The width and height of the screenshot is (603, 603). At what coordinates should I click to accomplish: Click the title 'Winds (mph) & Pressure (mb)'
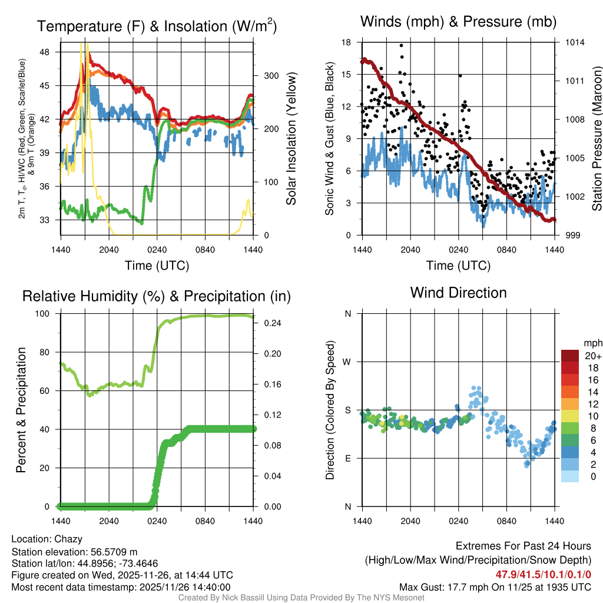[458, 22]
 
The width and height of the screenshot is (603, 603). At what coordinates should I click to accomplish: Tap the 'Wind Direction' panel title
[458, 292]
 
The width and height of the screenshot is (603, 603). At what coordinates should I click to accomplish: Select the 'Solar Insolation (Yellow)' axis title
[291, 139]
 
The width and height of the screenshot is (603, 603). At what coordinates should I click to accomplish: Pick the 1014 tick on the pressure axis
[575, 42]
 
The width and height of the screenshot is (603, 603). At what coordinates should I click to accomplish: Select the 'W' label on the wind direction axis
[347, 362]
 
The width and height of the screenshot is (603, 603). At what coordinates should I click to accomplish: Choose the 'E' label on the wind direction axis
[348, 458]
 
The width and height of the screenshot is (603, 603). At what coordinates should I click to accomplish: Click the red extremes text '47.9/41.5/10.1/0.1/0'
[543, 574]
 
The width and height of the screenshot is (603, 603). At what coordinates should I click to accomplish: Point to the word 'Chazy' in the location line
[68, 539]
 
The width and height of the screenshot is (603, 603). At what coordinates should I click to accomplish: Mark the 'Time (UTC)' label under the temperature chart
[157, 266]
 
